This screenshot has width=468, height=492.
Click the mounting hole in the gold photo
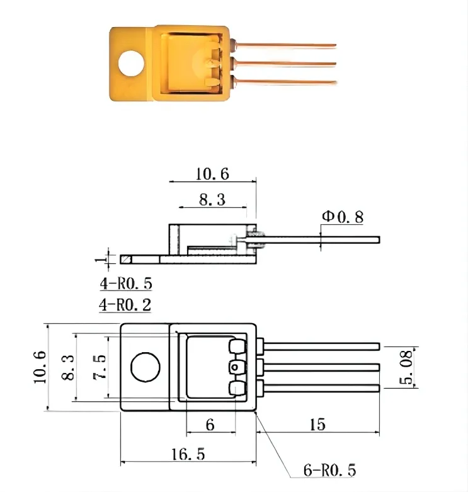(x=132, y=62)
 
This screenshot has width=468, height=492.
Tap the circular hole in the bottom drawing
(x=144, y=367)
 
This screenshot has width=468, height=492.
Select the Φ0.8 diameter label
(x=343, y=217)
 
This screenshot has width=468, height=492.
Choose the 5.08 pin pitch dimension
(x=407, y=368)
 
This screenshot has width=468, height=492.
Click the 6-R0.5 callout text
(x=330, y=471)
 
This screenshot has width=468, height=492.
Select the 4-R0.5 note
(x=125, y=283)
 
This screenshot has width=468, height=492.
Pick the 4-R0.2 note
(x=125, y=305)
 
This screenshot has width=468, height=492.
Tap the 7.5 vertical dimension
(x=99, y=367)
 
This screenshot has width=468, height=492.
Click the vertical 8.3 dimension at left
(x=67, y=367)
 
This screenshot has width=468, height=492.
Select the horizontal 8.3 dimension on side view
(x=212, y=200)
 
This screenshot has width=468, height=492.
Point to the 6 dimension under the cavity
(x=210, y=425)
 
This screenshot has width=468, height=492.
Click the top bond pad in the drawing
(x=237, y=346)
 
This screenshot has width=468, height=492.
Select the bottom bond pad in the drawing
(x=237, y=387)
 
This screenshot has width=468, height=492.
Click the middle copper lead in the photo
(x=283, y=63)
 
